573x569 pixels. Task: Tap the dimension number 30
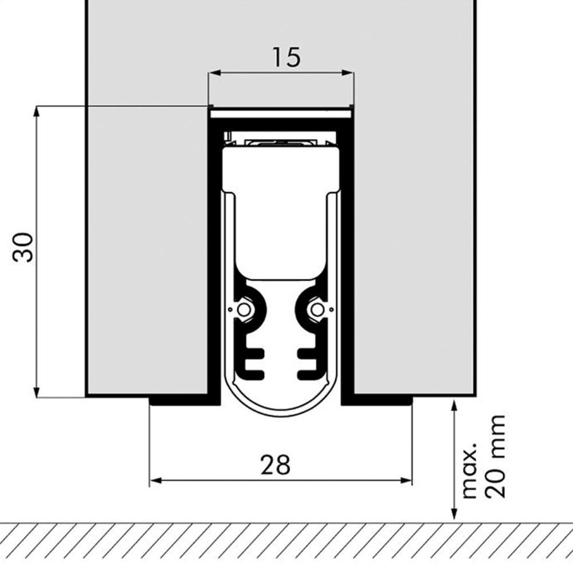[x=23, y=247]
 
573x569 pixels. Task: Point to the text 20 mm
[x=495, y=457]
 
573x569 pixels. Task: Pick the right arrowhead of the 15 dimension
[x=348, y=73]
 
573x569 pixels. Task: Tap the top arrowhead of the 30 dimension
[x=36, y=112]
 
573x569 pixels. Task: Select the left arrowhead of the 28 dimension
[x=156, y=480]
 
